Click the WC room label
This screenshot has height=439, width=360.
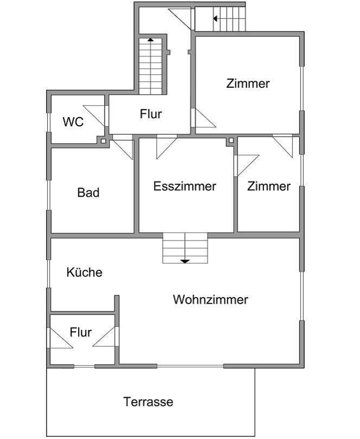click(x=73, y=122)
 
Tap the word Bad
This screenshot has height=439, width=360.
click(x=88, y=192)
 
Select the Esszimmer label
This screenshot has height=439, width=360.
click(x=185, y=186)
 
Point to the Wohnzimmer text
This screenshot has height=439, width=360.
click(x=210, y=299)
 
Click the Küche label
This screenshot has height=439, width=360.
click(x=84, y=272)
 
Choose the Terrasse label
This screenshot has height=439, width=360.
click(x=148, y=402)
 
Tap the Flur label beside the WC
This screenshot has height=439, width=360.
click(x=151, y=114)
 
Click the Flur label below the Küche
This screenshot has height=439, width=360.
click(x=80, y=332)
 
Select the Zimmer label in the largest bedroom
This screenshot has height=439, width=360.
click(x=248, y=83)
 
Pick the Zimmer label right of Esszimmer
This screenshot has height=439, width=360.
click(x=269, y=186)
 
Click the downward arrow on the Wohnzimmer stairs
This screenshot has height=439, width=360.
click(x=185, y=261)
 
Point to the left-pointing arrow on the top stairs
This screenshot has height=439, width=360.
click(x=215, y=18)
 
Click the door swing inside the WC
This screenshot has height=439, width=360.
click(x=95, y=115)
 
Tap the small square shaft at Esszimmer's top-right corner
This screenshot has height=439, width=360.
click(x=231, y=141)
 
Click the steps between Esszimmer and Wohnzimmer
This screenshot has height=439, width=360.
click(x=185, y=248)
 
